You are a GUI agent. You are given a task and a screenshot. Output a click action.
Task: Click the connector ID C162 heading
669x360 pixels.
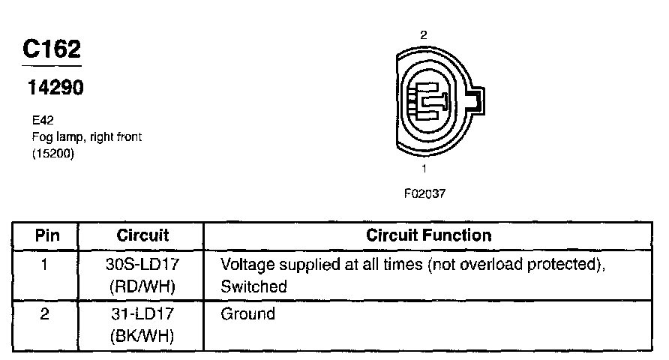point(52,49)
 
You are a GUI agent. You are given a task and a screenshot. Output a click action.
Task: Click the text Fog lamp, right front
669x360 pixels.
point(86,136)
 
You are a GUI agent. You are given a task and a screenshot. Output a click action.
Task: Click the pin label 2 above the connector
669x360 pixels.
point(424,34)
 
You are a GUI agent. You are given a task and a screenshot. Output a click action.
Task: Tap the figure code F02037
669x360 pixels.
point(424,193)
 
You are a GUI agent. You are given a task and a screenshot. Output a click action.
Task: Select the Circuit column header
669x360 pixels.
point(142,235)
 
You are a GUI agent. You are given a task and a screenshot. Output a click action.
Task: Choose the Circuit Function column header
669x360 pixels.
point(428,235)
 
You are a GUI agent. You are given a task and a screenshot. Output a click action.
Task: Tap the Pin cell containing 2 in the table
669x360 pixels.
point(45,314)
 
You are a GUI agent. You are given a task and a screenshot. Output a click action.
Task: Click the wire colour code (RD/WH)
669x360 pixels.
point(142,286)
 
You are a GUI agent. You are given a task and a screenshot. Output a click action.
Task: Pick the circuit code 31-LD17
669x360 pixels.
point(142,314)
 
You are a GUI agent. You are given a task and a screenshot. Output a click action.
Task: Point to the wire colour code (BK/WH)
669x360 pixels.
point(142,336)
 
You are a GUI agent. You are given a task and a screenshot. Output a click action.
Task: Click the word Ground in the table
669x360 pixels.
point(247,314)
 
